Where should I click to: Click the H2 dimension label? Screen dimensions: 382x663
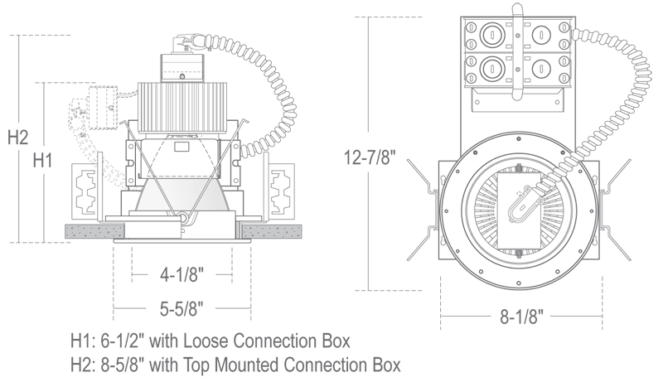coord(18,138)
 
